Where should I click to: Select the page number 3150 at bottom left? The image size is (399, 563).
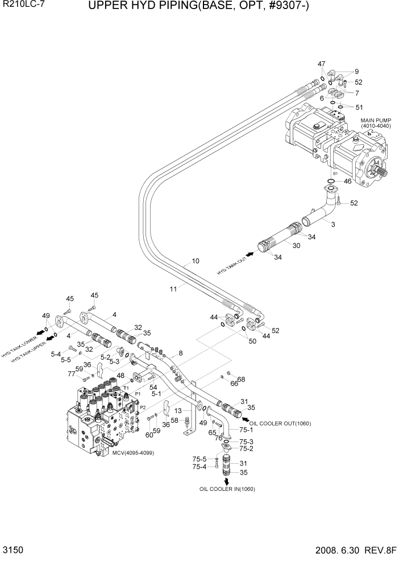point(13,551)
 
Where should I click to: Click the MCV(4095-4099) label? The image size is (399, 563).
point(132,452)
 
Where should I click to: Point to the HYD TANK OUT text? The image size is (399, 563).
point(231,264)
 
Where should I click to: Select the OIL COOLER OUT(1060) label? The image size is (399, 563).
point(280,423)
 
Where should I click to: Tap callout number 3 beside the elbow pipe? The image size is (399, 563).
point(333,225)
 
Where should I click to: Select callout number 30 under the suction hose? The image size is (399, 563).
point(296,245)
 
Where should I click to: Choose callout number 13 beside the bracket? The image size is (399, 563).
point(178,410)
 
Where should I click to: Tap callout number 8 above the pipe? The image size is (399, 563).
point(180,353)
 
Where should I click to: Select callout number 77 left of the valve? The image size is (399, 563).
point(72,374)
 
